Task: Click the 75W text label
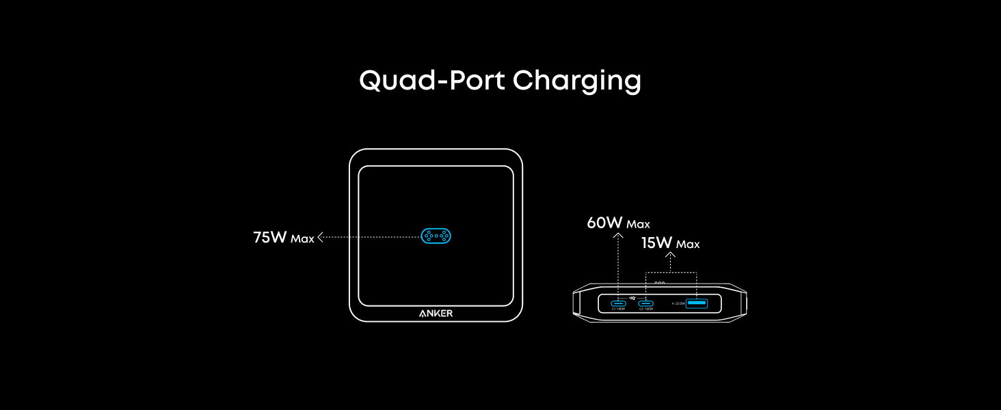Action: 269,238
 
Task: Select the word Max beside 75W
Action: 302,239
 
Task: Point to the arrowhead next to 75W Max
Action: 320,237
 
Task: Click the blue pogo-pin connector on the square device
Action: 436,236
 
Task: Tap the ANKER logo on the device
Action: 436,314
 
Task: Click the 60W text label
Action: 604,223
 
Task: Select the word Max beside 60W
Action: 639,224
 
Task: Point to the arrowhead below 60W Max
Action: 618,236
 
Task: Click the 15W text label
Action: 656,243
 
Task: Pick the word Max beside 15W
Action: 688,245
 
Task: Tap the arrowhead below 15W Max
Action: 669,256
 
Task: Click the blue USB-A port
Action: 696,303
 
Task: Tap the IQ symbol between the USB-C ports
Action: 632,298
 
